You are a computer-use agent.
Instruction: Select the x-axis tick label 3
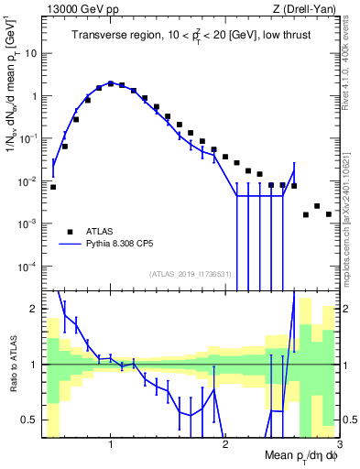[338, 444]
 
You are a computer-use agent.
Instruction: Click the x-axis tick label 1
[111, 444]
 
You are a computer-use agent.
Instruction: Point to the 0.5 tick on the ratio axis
[31, 420]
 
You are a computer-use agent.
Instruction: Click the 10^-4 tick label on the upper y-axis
[27, 267]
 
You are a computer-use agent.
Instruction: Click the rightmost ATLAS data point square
[328, 214]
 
